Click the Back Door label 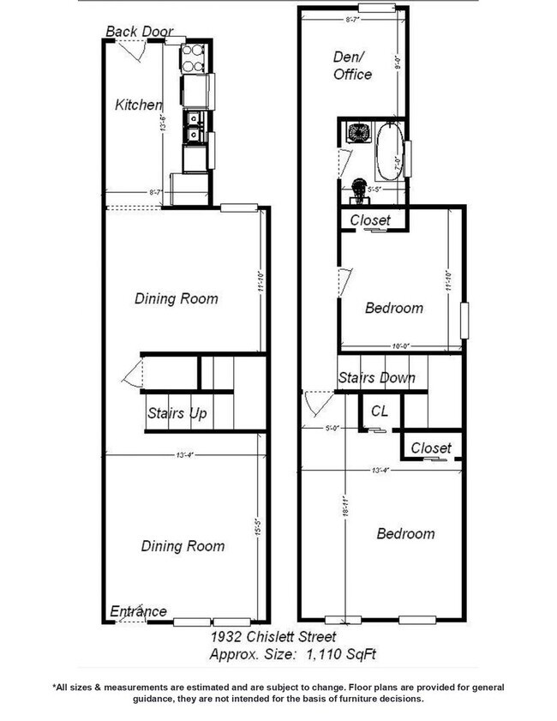140,32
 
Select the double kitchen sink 195,126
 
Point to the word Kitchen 139,105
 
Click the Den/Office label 352,65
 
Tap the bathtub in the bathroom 389,153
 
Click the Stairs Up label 177,414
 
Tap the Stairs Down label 376,377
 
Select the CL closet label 380,412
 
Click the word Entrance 138,611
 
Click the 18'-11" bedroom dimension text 344,509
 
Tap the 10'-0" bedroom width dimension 399,346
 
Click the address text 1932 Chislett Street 273,638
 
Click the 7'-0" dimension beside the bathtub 397,160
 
